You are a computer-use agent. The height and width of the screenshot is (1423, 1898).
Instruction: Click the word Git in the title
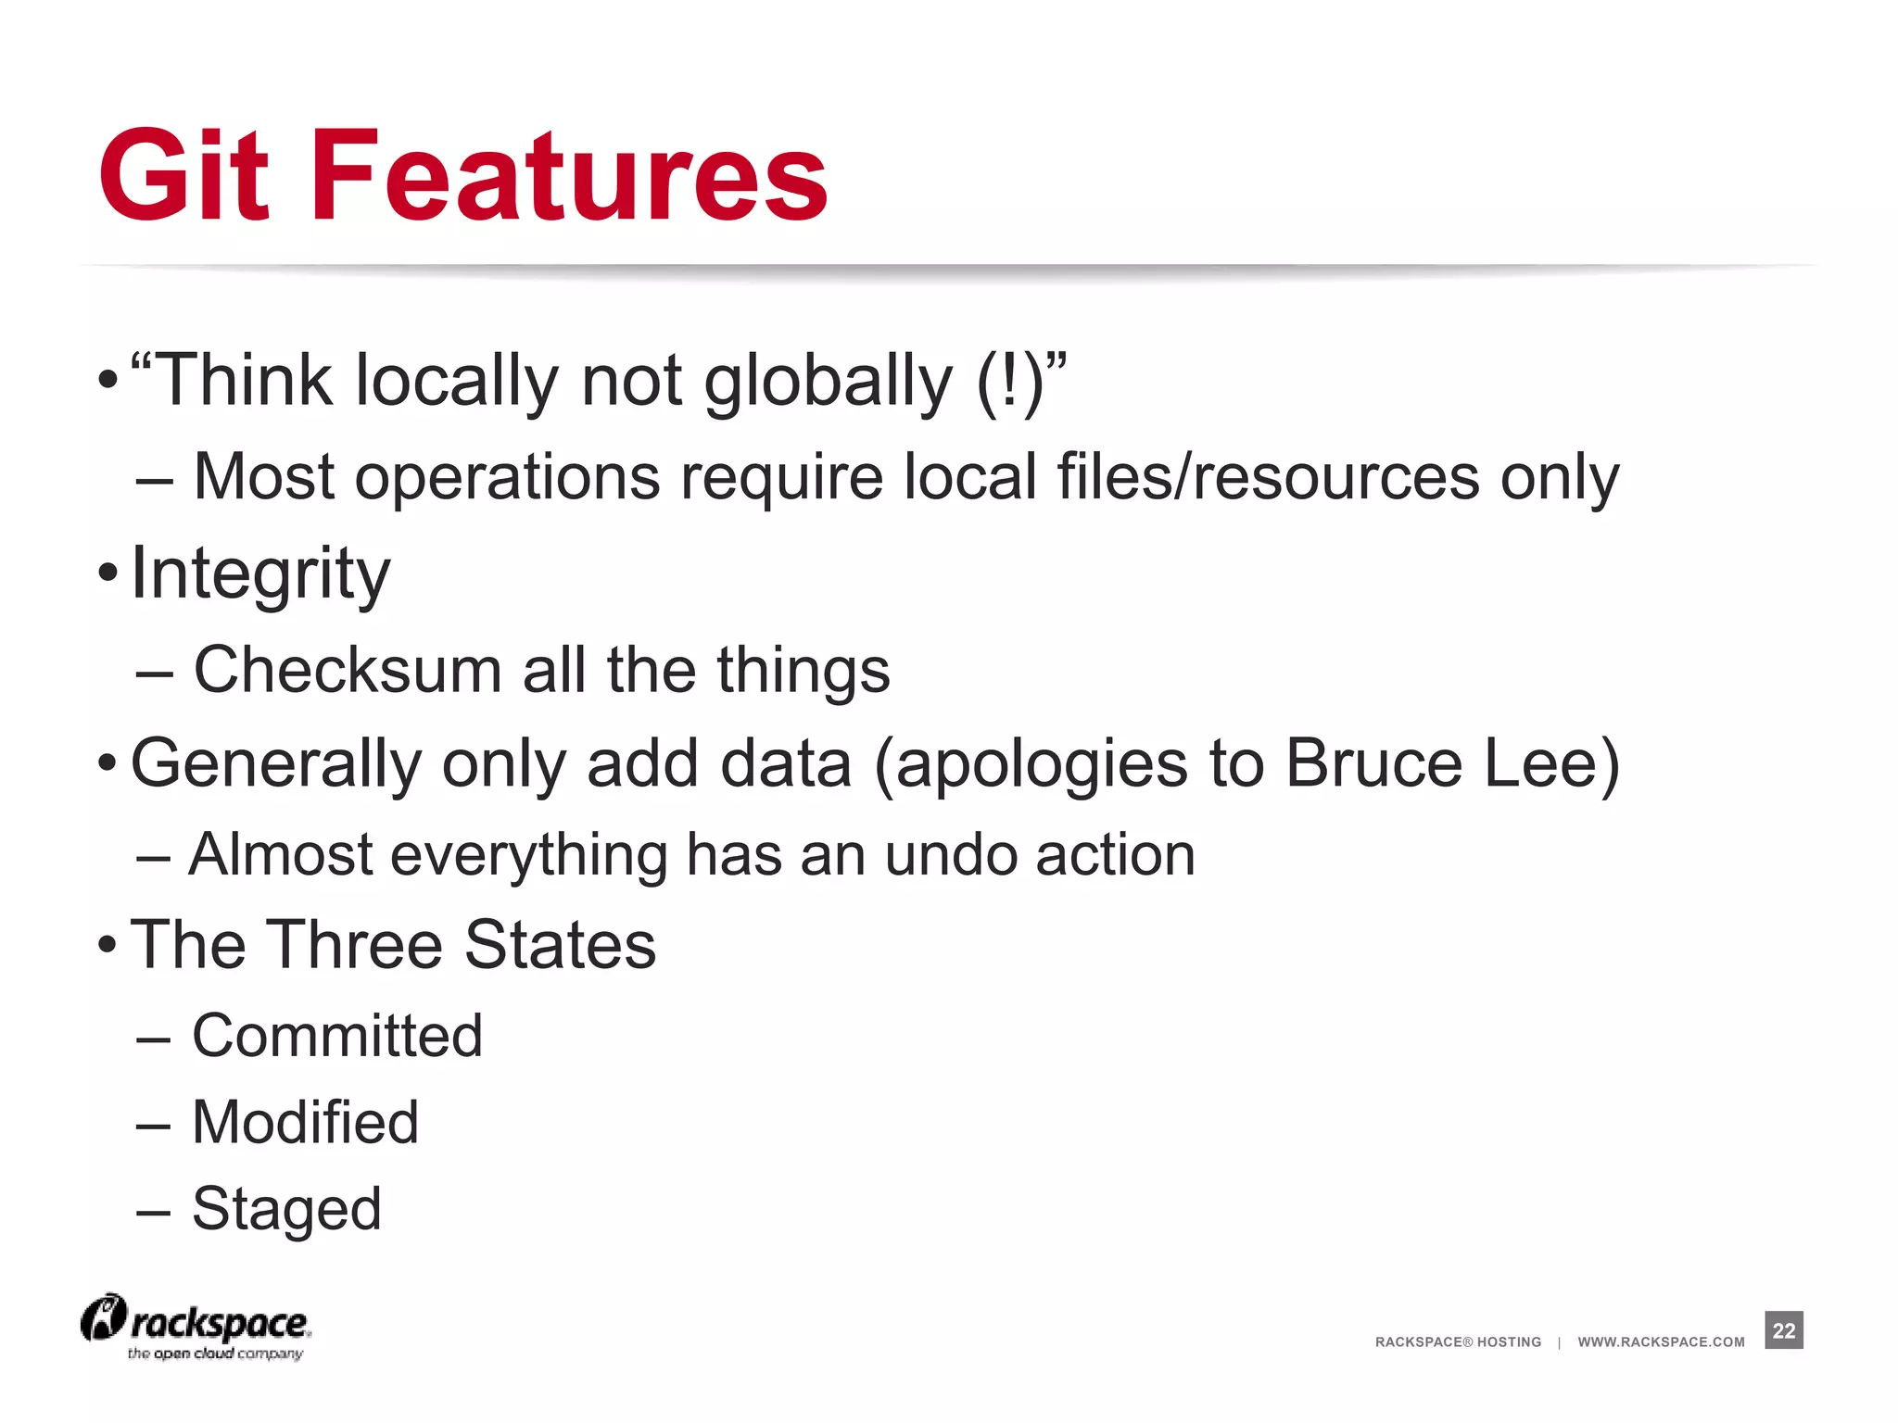[183, 176]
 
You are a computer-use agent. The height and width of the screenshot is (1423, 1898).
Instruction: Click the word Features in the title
[569, 176]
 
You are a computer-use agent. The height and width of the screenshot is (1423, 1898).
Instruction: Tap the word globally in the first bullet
[828, 382]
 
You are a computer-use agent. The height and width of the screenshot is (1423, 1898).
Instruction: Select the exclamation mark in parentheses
[1010, 382]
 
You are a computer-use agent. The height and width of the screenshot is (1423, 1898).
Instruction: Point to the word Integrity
[260, 574]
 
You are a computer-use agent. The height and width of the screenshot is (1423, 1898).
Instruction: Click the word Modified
[305, 1122]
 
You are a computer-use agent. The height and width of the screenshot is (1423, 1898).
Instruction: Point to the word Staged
[286, 1210]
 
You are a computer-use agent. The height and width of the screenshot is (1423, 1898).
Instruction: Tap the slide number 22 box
[1783, 1330]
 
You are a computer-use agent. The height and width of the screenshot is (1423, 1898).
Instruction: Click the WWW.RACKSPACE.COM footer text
[1661, 1341]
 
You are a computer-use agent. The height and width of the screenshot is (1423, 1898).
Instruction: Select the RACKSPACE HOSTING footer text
[1458, 1341]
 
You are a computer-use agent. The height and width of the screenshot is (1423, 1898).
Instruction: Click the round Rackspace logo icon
[103, 1318]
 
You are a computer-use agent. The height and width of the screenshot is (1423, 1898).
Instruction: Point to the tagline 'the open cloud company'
[215, 1354]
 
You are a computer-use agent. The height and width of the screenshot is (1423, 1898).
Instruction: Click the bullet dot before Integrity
[108, 573]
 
